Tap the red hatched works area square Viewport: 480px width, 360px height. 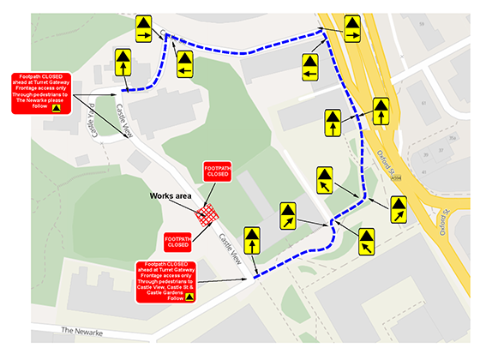[207, 217]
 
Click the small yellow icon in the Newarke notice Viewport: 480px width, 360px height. [56, 108]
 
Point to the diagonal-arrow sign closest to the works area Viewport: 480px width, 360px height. [288, 216]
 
